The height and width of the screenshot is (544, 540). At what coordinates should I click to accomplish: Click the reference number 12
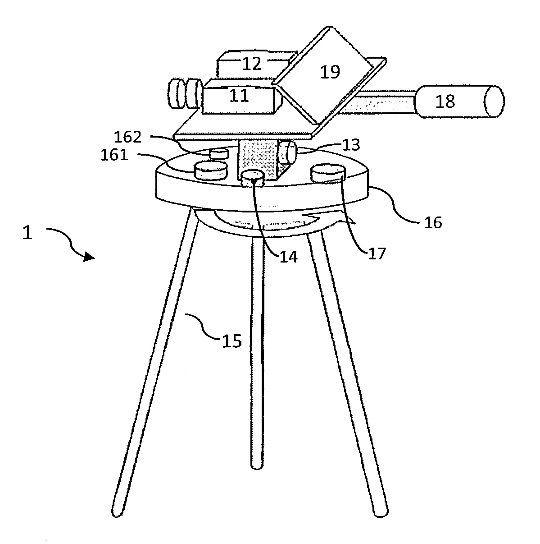251,64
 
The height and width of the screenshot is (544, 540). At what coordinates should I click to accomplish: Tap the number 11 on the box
239,96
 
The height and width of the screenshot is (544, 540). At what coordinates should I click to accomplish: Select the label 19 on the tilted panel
330,72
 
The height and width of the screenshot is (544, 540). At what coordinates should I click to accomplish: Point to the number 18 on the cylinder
445,101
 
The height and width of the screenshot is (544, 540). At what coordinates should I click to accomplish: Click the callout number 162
127,137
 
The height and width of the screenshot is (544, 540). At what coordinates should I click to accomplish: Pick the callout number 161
114,155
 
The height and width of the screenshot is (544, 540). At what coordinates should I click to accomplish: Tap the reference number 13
351,145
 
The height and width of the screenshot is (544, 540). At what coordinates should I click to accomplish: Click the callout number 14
289,257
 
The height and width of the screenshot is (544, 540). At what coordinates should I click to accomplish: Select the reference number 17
377,253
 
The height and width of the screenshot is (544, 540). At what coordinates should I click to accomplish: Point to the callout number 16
433,222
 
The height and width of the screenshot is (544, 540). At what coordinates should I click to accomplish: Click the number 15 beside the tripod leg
232,341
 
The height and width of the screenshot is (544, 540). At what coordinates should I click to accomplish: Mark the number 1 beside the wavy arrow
27,233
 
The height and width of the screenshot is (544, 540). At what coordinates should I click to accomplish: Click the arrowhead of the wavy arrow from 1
90,257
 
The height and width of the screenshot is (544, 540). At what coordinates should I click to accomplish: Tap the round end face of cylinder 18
495,101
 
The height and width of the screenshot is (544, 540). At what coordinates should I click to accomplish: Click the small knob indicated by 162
219,154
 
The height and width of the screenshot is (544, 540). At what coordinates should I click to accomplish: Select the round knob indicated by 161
211,170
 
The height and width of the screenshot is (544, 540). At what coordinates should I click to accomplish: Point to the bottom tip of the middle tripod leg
257,468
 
